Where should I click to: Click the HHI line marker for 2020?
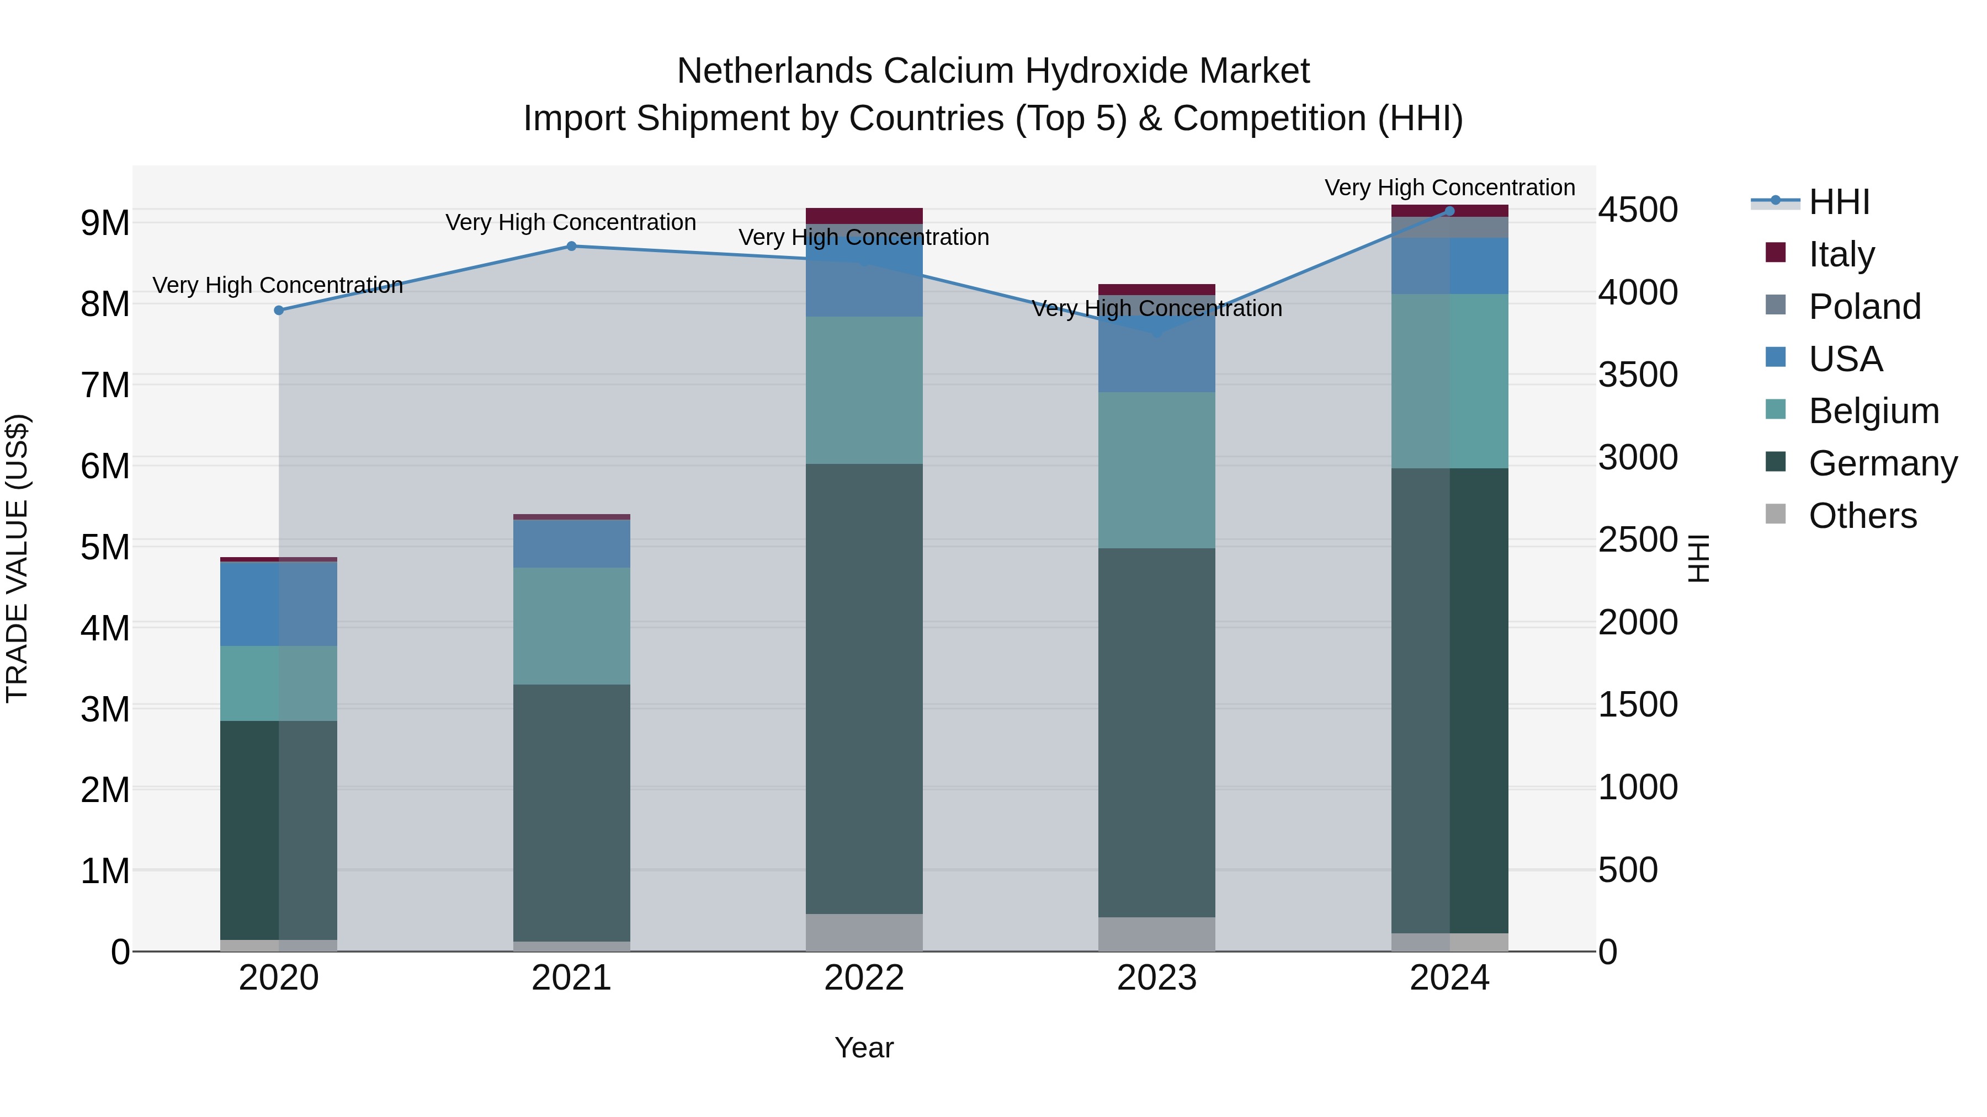point(279,311)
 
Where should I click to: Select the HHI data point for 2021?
point(572,247)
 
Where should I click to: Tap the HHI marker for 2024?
point(1449,211)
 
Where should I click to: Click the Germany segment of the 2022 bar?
point(864,688)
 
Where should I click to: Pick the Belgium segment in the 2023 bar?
point(1156,470)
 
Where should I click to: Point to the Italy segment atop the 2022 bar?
point(864,216)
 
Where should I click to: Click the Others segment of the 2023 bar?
point(1156,934)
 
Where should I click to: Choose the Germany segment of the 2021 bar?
point(572,813)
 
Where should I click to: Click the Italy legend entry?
point(1840,254)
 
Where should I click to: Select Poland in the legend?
point(1863,307)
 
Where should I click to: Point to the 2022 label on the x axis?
point(864,978)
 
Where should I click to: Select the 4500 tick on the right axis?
point(1638,210)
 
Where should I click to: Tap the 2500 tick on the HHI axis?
point(1638,539)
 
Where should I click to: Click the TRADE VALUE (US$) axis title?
point(18,558)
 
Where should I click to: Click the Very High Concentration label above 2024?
point(1449,188)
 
